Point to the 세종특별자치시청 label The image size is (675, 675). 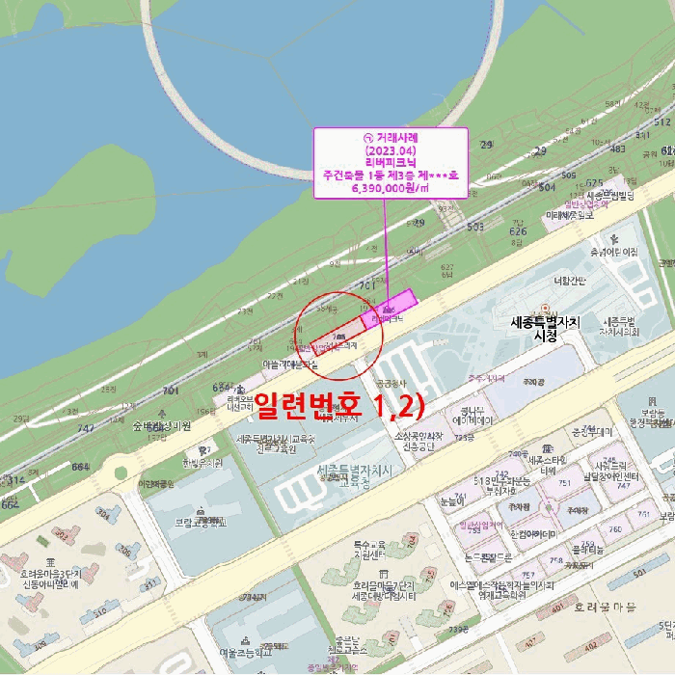[x=546, y=329]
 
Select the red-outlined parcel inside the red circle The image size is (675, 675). [x=333, y=337]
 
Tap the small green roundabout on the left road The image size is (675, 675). [x=119, y=473]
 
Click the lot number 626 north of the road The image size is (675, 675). [x=518, y=231]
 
